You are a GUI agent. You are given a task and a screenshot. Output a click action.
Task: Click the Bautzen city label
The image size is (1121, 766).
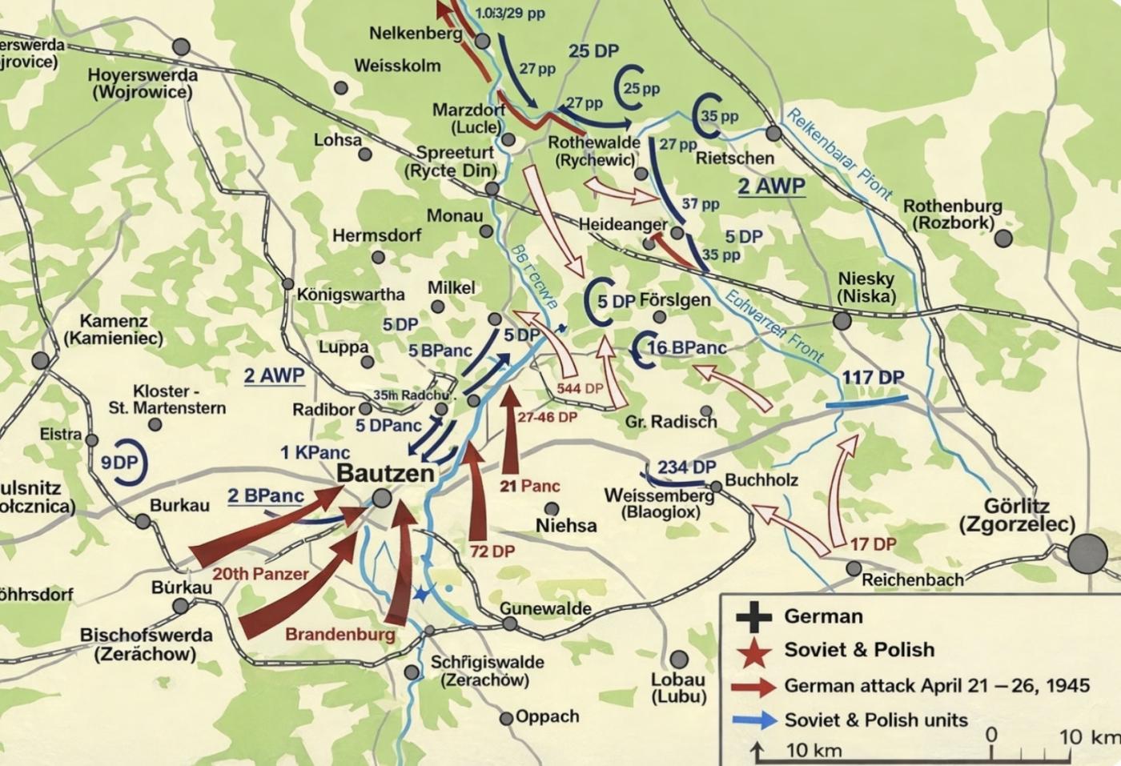[x=385, y=472]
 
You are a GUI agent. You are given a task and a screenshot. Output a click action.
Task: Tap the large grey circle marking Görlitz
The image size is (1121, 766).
[x=1087, y=553]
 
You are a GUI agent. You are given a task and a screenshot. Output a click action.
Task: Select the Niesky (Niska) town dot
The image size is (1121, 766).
[x=842, y=321]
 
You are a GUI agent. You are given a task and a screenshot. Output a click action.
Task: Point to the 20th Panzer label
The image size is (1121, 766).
[x=260, y=574]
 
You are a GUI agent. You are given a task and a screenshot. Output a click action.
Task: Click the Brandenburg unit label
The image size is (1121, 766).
[x=340, y=635]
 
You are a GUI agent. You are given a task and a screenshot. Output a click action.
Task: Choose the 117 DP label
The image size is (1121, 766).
[x=873, y=378]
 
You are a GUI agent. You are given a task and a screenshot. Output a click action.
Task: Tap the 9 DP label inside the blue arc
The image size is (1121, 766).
[x=120, y=463]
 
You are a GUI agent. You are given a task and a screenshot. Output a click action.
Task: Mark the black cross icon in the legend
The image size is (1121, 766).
[x=753, y=616]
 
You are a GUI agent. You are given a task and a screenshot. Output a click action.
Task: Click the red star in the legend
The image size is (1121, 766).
[x=753, y=651]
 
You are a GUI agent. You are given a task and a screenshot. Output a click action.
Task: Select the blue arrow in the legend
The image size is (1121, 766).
[x=753, y=720]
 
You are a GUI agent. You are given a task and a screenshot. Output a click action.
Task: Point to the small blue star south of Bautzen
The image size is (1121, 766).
[x=420, y=594]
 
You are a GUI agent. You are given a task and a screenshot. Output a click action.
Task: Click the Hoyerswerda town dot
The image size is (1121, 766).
[x=182, y=47]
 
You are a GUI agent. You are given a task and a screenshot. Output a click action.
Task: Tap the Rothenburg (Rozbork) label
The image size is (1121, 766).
[x=952, y=215]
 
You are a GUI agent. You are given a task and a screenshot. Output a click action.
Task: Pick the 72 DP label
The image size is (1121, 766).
[x=492, y=551]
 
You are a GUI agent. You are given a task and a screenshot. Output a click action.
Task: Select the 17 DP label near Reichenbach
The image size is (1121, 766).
[x=873, y=544]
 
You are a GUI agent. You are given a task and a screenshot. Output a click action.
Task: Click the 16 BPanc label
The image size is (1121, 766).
[x=686, y=347]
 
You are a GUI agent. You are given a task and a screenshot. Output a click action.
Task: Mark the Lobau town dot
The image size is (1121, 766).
[x=678, y=659]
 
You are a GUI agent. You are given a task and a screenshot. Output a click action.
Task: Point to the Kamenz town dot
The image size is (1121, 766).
[x=40, y=359]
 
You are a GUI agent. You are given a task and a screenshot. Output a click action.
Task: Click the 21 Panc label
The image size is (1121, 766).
[x=529, y=486]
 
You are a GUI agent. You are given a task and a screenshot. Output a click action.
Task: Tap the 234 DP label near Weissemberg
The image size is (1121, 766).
[x=686, y=467]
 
